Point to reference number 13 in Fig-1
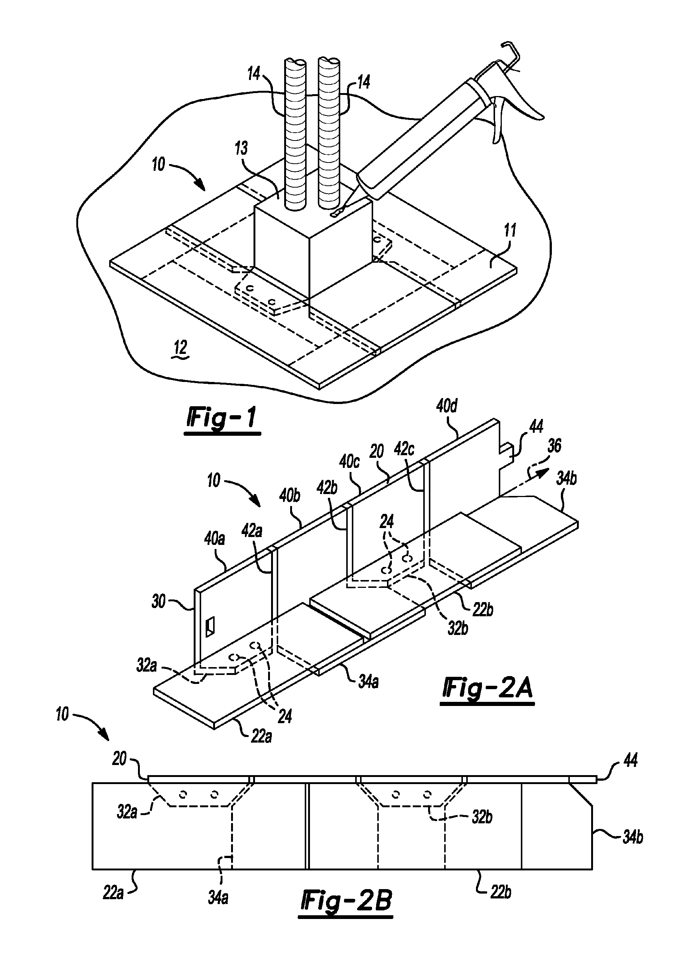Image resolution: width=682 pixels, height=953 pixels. tap(241, 148)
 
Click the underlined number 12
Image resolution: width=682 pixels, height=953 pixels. tap(180, 349)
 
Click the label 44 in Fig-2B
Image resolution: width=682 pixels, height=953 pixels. tap(630, 761)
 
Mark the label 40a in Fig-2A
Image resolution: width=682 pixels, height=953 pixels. tap(214, 539)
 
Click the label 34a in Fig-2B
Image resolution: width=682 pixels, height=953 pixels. tap(218, 898)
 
